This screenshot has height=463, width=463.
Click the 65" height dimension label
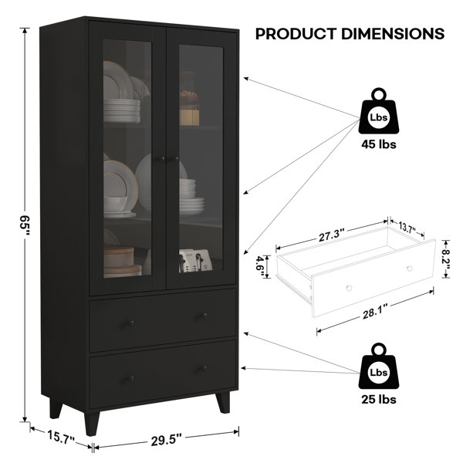pos(25,226)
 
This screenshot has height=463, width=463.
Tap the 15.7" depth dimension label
pos(61,438)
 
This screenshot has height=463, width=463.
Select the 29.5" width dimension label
pos(166,441)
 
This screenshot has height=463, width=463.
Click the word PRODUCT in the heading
pos(296,34)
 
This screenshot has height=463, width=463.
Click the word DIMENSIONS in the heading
pos(393,34)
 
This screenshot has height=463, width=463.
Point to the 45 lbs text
pos(379,144)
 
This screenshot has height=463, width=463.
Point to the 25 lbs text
pos(379,400)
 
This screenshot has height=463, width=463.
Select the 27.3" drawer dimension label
pos(332,235)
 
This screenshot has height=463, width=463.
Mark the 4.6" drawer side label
pos(261,267)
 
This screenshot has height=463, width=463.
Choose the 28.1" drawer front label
pos(375,312)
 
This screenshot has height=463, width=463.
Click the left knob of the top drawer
pos(130,323)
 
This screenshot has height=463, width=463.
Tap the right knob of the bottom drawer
pos(204,369)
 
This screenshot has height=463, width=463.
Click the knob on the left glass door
pos(161,159)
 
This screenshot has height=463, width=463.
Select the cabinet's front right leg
pos(223,402)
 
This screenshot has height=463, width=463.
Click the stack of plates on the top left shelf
pos(122,110)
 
